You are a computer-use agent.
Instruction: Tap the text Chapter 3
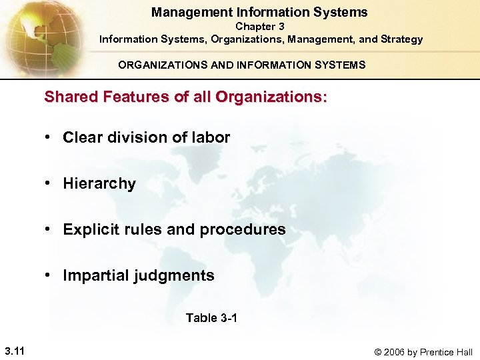[260, 27]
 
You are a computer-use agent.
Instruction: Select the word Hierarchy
[99, 184]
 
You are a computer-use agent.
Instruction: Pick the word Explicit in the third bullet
[88, 230]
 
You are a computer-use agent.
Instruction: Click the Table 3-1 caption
[211, 318]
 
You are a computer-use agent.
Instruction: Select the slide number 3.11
[14, 351]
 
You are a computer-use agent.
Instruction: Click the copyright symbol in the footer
[379, 352]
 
